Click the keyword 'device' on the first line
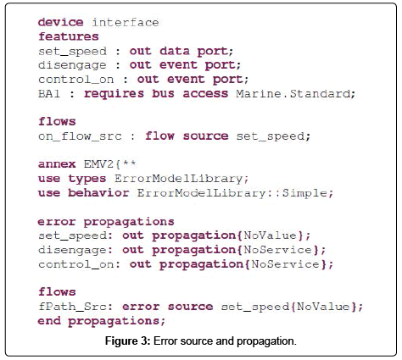[x=60, y=22]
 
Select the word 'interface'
[x=126, y=22]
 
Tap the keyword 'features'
[x=69, y=36]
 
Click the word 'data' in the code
[x=175, y=51]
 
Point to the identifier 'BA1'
[x=49, y=93]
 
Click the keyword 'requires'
[x=114, y=93]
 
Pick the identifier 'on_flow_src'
[x=80, y=136]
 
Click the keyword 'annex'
[x=57, y=164]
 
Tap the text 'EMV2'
[x=98, y=164]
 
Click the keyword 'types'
[x=87, y=179]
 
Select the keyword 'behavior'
[x=98, y=193]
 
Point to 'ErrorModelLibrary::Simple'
[x=232, y=193]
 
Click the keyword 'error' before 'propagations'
[x=57, y=222]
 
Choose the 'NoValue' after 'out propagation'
[x=270, y=235]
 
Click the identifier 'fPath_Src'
[x=73, y=307]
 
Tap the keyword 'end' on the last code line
[x=49, y=321]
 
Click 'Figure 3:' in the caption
[x=127, y=341]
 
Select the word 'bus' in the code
[x=163, y=93]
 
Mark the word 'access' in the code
[x=205, y=93]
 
